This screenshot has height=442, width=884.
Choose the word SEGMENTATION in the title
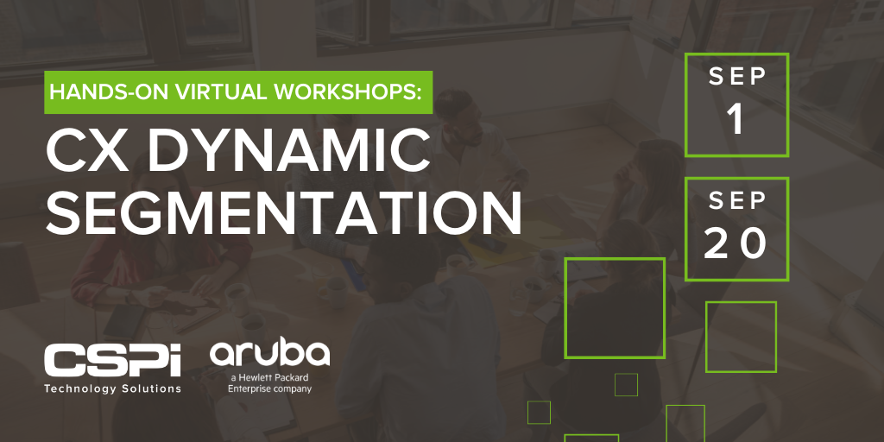283,212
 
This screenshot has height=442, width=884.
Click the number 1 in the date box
736,121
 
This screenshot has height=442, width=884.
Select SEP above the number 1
736,76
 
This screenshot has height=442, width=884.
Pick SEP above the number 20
736,201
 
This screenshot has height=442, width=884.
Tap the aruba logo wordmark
269,353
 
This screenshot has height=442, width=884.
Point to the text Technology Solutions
112,388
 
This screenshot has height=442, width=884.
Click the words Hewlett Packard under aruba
275,377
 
